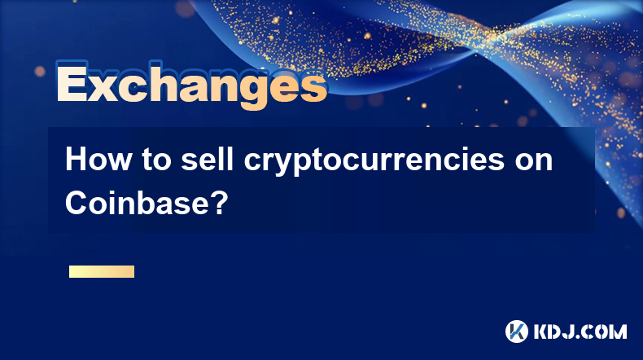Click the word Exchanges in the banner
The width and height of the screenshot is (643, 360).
tap(192, 85)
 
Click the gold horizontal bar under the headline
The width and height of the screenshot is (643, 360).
tap(102, 271)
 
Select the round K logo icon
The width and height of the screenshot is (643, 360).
tap(517, 331)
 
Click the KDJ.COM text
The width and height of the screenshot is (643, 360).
tap(580, 331)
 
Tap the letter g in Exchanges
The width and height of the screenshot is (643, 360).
tap(240, 90)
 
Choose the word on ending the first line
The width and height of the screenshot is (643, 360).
tap(534, 163)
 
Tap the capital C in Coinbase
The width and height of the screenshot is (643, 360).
tap(77, 202)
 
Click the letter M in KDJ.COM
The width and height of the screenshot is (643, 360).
tap(618, 331)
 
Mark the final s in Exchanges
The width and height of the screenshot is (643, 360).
tap(313, 87)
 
